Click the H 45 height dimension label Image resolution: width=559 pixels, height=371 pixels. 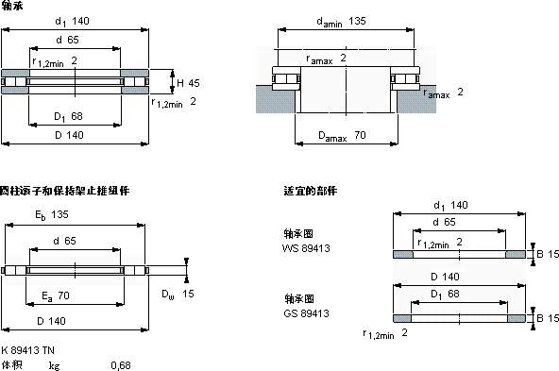[x=188, y=83]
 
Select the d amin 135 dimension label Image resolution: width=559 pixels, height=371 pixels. [x=341, y=22]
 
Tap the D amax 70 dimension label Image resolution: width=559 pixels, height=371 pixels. [x=342, y=136]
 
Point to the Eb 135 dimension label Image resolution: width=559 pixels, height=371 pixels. [x=52, y=215]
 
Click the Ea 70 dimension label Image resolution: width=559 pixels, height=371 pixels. [x=56, y=296]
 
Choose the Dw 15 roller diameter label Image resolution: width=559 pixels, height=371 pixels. [x=178, y=295]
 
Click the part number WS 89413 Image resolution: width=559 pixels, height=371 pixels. [x=306, y=248]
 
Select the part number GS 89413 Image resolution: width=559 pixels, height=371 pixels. [x=306, y=313]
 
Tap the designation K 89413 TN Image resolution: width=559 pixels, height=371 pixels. [x=27, y=350]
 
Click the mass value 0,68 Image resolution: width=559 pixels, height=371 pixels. [x=121, y=365]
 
